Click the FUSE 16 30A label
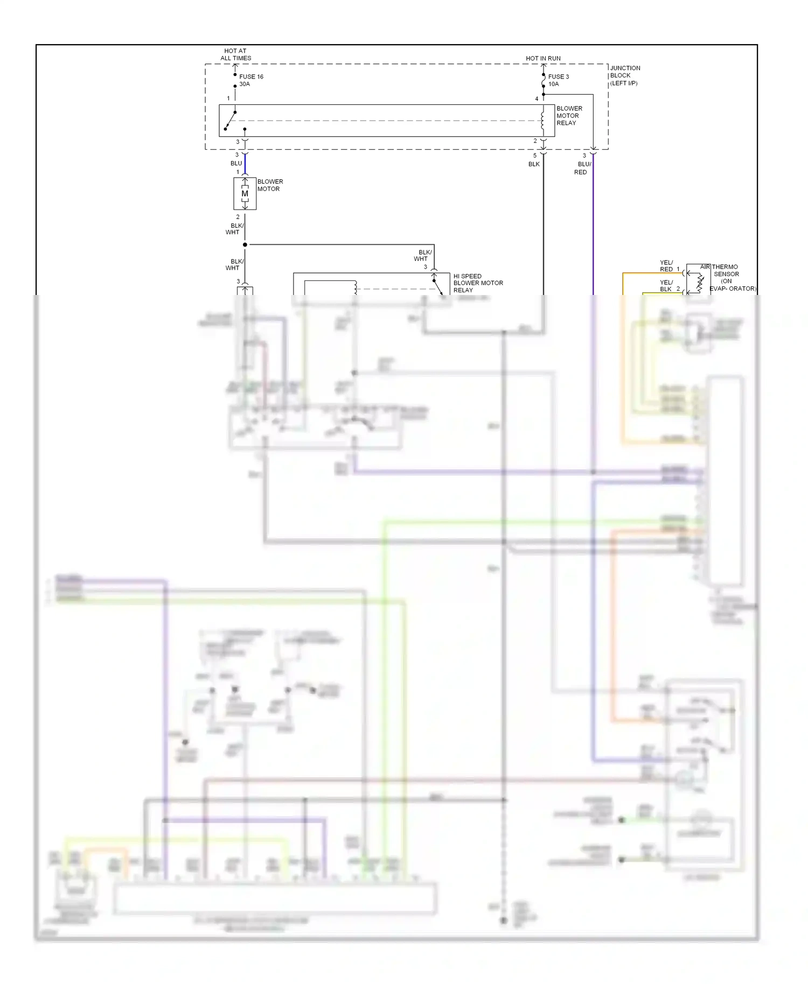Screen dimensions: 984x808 [x=250, y=80]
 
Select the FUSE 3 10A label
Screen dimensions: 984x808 [x=558, y=80]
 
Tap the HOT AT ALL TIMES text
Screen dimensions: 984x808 [x=235, y=54]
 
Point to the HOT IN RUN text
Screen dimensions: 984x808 [x=543, y=58]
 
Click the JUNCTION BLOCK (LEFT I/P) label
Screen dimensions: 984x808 [x=625, y=75]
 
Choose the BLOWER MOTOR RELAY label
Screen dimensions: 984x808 [x=569, y=116]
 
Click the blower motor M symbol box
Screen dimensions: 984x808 [x=245, y=194]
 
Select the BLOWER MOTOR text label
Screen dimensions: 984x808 [x=269, y=185]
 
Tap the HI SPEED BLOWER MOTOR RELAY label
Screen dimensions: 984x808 [x=477, y=283]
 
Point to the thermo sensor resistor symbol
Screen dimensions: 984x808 [x=699, y=283]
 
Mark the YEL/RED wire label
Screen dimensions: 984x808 [x=666, y=266]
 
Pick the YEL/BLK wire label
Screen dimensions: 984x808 [x=666, y=286]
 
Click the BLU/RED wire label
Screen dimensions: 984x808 [x=582, y=168]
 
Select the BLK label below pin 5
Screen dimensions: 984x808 [x=534, y=164]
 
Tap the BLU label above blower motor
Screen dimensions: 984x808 [x=236, y=163]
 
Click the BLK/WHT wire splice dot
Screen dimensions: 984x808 [x=245, y=245]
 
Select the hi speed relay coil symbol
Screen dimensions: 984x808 [x=356, y=288]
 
